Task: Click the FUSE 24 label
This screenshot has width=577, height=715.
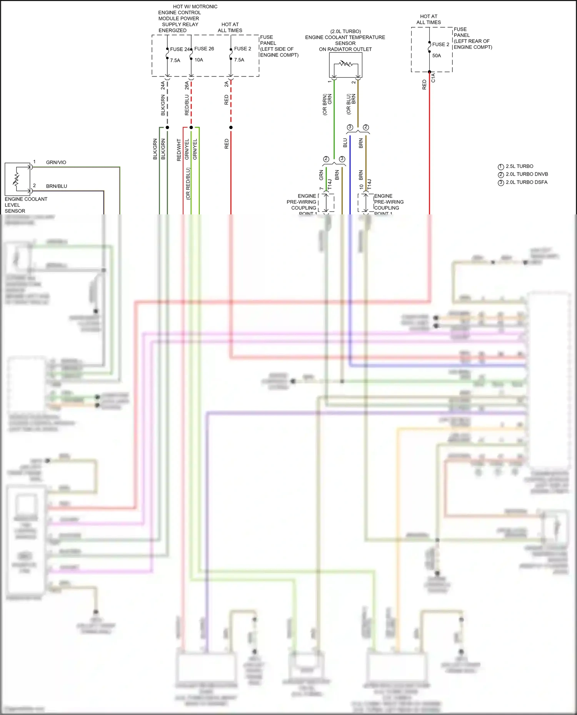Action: (x=180, y=49)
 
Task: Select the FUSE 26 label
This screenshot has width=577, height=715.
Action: (x=204, y=49)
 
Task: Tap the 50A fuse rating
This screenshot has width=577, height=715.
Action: (x=437, y=56)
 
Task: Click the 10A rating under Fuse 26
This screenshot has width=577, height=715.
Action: (x=198, y=60)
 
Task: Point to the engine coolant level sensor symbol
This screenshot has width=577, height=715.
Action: (x=17, y=179)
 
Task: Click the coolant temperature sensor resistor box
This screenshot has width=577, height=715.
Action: (x=345, y=65)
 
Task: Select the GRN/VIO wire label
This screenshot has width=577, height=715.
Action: (x=56, y=163)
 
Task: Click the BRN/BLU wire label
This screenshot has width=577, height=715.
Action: (x=57, y=186)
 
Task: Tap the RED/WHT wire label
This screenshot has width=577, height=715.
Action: (x=179, y=150)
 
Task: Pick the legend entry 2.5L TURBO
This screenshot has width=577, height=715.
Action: (x=519, y=166)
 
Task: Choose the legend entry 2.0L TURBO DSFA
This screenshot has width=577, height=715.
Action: (x=526, y=182)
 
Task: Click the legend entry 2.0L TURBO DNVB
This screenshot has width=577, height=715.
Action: (x=526, y=174)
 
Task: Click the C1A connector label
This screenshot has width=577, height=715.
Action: (x=433, y=78)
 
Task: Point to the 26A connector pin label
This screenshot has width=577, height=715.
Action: (x=187, y=85)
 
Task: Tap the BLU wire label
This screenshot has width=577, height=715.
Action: (x=345, y=143)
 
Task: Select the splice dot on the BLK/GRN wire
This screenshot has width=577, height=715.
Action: (x=167, y=128)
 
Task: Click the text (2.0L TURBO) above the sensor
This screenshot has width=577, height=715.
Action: (x=345, y=32)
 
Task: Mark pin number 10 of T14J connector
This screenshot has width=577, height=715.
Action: (x=361, y=187)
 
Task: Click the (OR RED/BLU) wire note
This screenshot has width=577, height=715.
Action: (x=188, y=184)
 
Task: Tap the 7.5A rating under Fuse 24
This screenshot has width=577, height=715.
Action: (x=175, y=61)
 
